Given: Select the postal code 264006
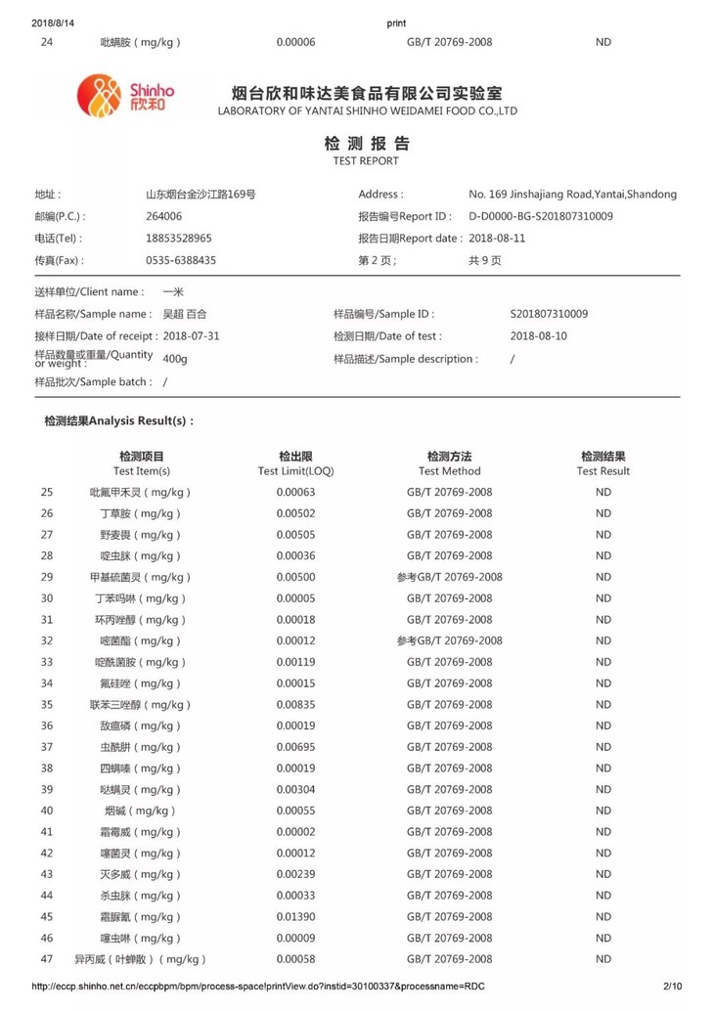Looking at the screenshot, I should click(x=164, y=216).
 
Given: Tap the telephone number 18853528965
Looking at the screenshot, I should click(x=179, y=238).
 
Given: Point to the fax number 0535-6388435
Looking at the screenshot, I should click(x=181, y=260).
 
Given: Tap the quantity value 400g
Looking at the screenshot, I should click(x=175, y=359).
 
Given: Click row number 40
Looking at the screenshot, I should click(x=47, y=811).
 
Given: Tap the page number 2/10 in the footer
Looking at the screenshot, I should click(x=672, y=987).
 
